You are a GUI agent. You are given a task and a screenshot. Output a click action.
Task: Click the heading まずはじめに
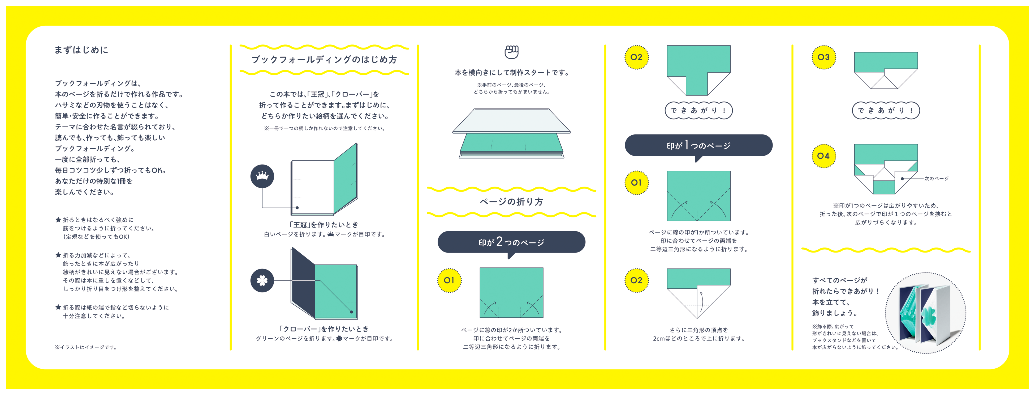[81, 50]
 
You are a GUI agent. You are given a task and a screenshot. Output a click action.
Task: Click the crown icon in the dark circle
[262, 176]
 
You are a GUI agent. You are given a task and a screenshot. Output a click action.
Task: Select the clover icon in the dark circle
[262, 280]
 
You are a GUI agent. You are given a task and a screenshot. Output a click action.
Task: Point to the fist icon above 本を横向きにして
[511, 52]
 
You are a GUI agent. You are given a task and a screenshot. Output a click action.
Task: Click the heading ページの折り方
[511, 201]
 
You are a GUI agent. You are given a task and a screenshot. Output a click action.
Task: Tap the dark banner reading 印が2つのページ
[511, 242]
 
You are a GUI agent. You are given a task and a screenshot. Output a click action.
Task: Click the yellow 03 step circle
[823, 57]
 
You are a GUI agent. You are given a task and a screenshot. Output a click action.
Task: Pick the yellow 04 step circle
[823, 156]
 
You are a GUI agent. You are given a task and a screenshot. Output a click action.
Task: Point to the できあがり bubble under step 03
[886, 110]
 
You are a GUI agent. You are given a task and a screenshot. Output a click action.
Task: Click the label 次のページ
[936, 179]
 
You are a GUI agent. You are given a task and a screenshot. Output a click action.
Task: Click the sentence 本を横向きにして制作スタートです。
[511, 73]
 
